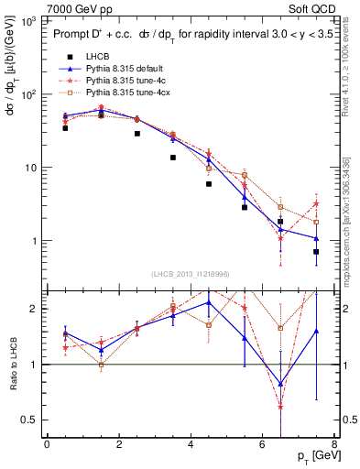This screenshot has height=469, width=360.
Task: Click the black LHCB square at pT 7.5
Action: coord(316,251)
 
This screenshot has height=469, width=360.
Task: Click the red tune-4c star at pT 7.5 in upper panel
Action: coord(316,203)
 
